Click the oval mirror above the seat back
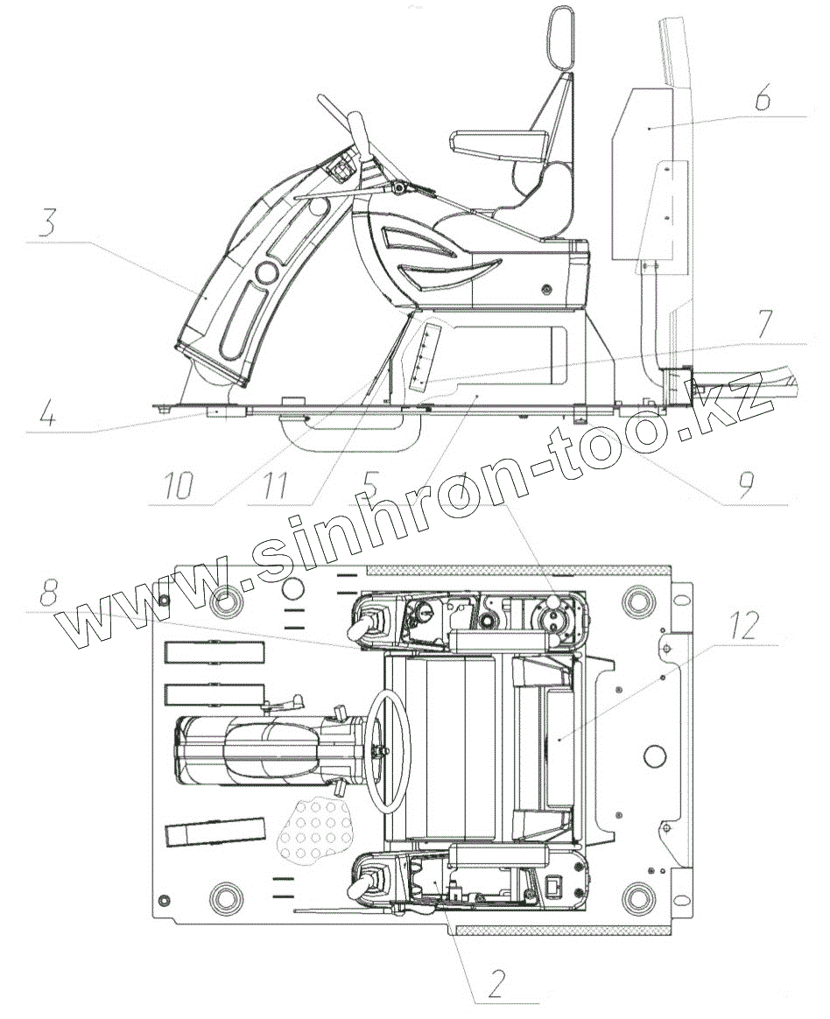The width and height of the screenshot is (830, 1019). (x=559, y=39)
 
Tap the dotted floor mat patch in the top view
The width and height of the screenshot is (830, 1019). (x=313, y=829)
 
